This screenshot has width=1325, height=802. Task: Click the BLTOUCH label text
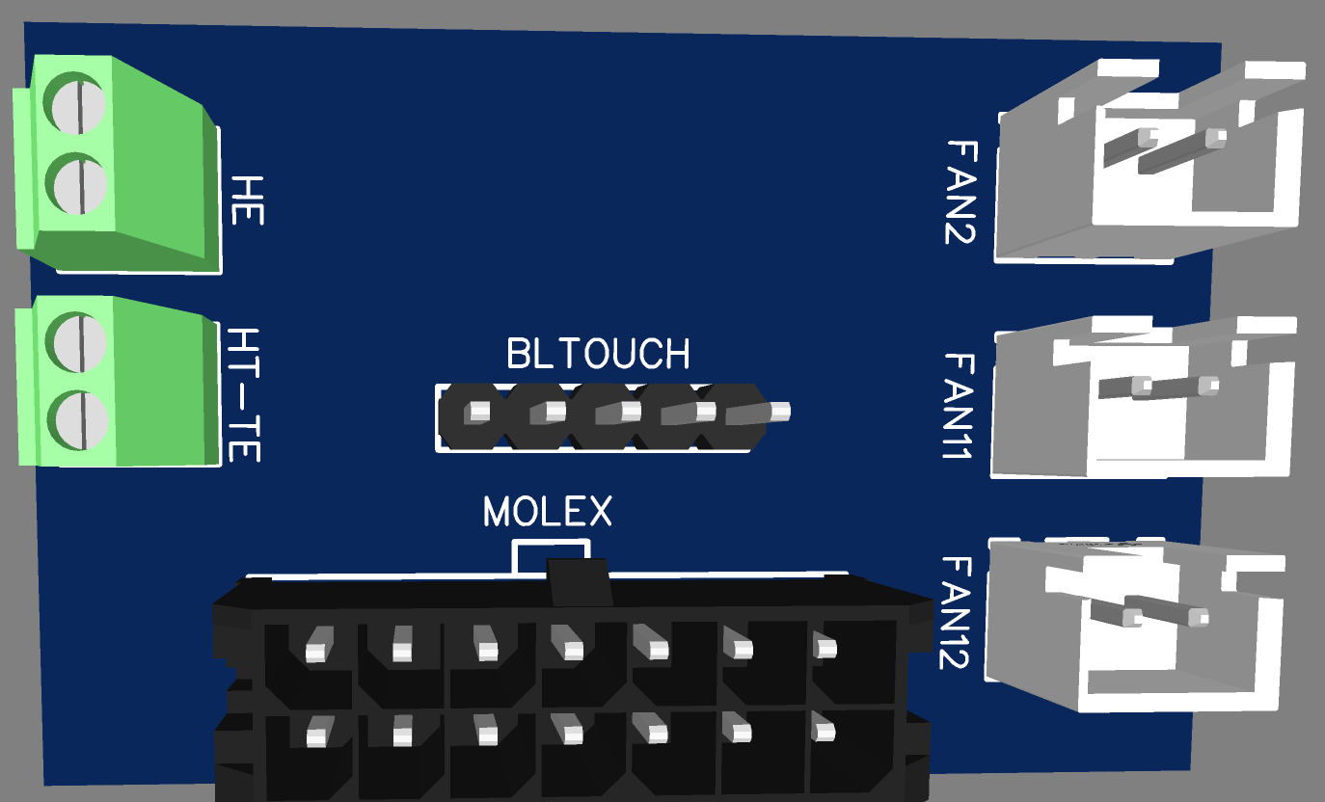[x=598, y=355]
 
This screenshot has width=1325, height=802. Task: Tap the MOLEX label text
[x=547, y=512]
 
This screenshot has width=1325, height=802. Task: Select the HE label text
[x=248, y=200]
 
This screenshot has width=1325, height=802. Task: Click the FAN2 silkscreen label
[x=961, y=191]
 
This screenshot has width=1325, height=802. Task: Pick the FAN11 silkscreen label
[x=959, y=405]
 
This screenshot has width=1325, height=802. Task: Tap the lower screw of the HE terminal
[x=77, y=182]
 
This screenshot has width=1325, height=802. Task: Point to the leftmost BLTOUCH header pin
[x=476, y=413]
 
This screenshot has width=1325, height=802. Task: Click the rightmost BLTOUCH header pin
[x=779, y=412]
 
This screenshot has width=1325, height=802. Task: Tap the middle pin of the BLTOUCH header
[x=630, y=412]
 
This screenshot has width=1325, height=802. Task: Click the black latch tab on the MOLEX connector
[x=579, y=581]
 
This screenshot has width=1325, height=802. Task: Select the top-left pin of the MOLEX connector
[x=316, y=652]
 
